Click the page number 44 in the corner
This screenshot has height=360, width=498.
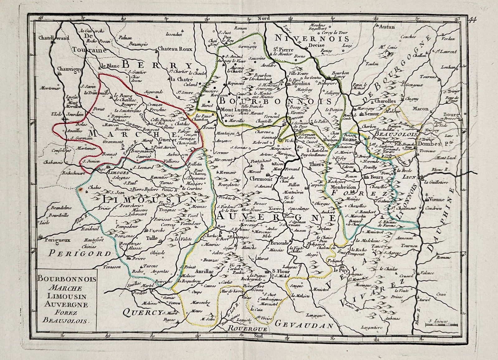pyautogui.click(x=472, y=21)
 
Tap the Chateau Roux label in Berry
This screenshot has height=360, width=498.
pyautogui.click(x=175, y=49)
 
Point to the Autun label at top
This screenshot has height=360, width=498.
pyautogui.click(x=387, y=27)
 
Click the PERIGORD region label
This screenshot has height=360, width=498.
pyautogui.click(x=80, y=253)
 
